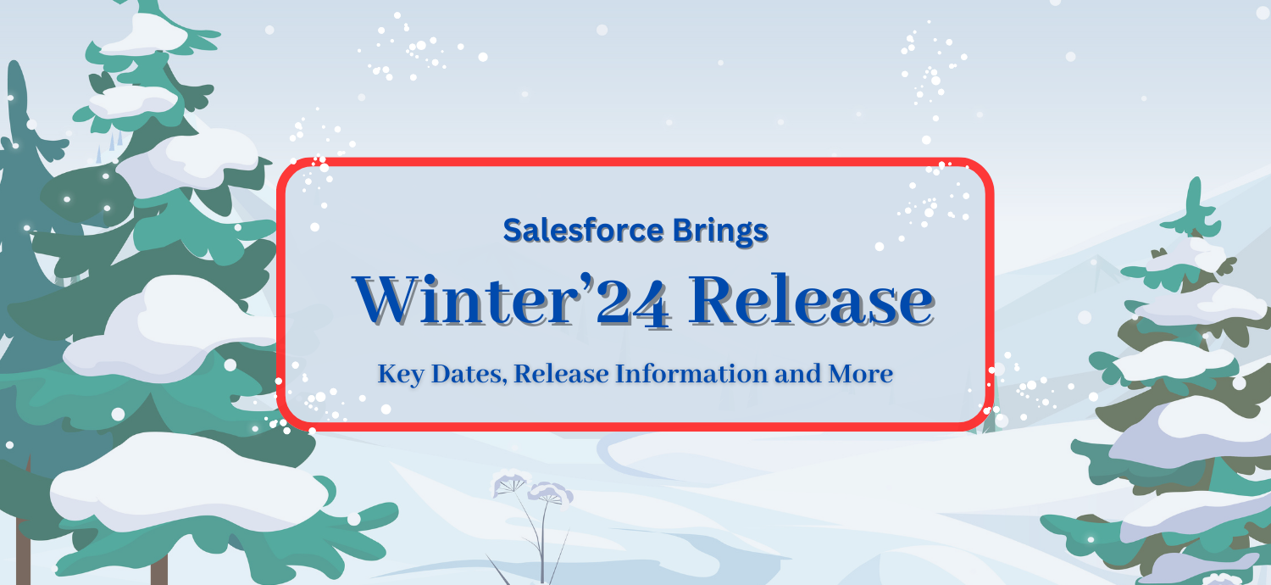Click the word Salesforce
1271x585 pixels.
click(583, 231)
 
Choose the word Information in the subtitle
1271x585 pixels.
click(691, 373)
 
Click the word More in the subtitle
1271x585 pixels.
click(860, 374)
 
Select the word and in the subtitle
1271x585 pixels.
click(798, 374)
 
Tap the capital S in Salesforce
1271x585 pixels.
click(512, 231)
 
